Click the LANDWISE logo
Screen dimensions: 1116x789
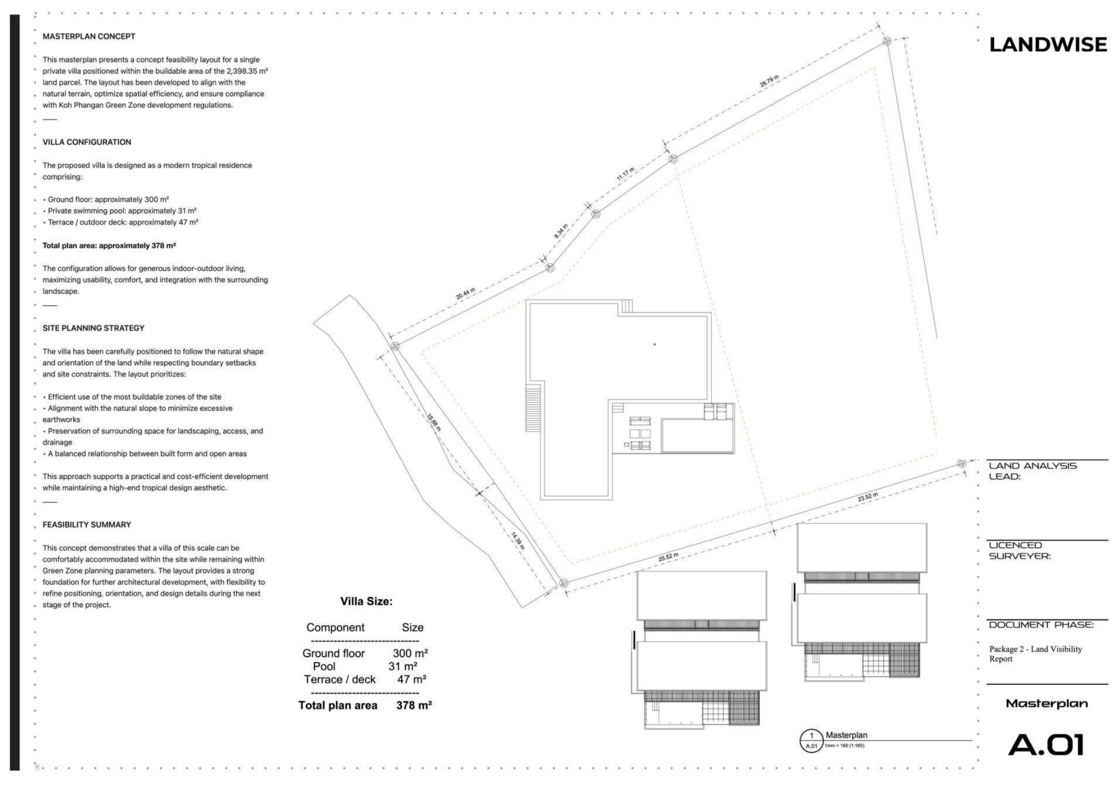point(1048,45)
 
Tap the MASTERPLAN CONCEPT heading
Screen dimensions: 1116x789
point(89,36)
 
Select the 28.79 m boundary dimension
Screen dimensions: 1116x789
point(769,81)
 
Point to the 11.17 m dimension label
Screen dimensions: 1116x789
point(625,174)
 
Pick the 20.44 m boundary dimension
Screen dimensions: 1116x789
point(466,294)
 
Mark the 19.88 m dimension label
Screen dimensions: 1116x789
point(433,422)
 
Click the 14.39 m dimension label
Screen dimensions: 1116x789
point(518,541)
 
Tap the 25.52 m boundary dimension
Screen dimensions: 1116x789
point(668,558)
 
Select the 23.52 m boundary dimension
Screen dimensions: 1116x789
point(868,497)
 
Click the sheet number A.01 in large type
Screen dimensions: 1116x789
point(1046,745)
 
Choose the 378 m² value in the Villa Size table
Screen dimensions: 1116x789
point(414,705)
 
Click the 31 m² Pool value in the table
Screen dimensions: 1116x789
point(403,667)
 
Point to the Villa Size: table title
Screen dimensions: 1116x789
point(366,602)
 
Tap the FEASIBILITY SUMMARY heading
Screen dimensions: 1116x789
point(87,524)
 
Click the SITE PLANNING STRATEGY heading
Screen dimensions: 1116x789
point(93,328)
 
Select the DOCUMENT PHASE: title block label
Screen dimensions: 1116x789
point(1041,625)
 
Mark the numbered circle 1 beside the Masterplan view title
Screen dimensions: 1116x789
point(812,736)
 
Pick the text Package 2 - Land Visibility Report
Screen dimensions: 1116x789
point(1036,654)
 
